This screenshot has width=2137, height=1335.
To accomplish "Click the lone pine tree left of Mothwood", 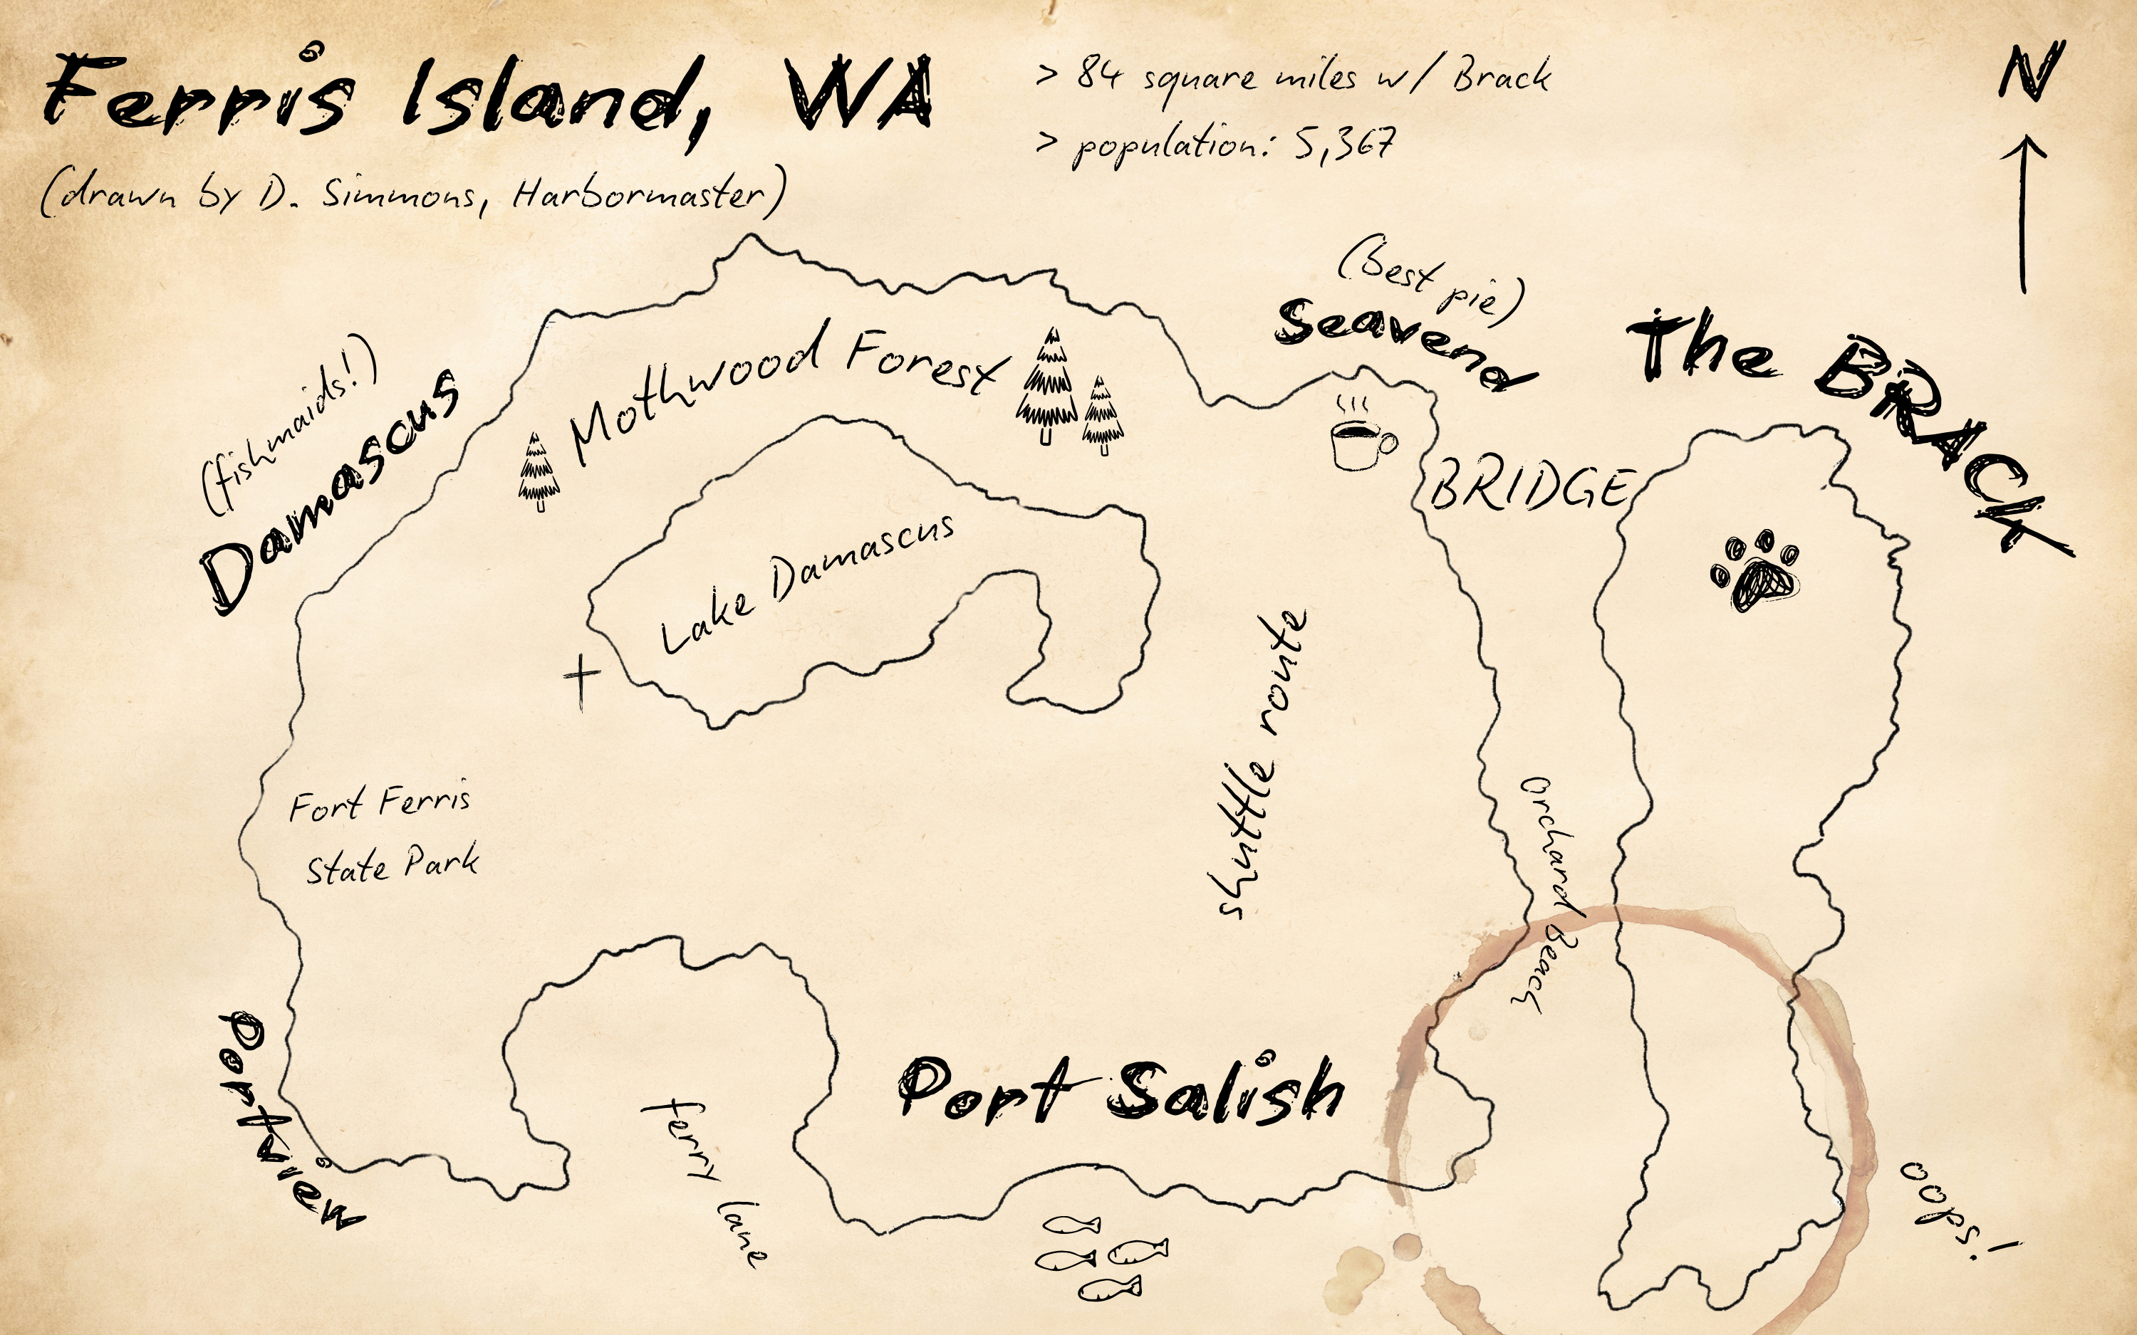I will click(538, 472).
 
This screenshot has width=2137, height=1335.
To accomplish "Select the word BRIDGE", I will click(1529, 488).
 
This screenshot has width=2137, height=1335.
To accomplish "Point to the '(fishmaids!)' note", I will click(288, 424).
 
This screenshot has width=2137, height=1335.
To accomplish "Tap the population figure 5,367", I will click(1346, 143).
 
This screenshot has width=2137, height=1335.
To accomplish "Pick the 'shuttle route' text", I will click(1257, 765).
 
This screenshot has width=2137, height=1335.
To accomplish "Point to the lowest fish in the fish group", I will click(1109, 1289).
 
